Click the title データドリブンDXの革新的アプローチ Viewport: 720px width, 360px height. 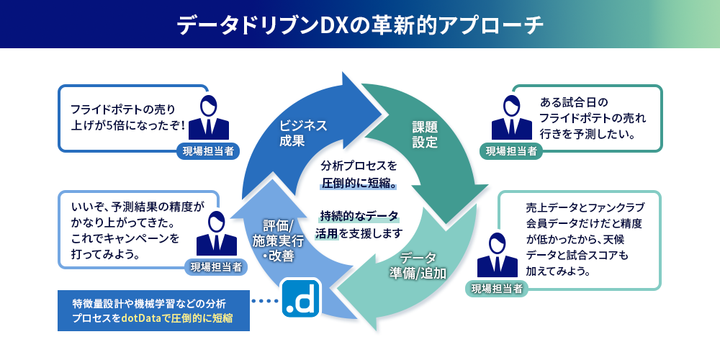(x=360, y=24)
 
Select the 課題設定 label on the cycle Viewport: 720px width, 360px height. (x=425, y=134)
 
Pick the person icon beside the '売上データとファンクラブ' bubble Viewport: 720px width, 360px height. (x=498, y=256)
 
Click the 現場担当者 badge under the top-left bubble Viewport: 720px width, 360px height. (x=208, y=150)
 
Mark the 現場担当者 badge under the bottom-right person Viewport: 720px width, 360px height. (x=497, y=289)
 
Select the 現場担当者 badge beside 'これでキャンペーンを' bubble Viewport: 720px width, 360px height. (x=216, y=266)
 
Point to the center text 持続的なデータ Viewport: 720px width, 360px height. (x=359, y=216)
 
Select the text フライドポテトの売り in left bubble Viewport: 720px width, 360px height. (x=122, y=109)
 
